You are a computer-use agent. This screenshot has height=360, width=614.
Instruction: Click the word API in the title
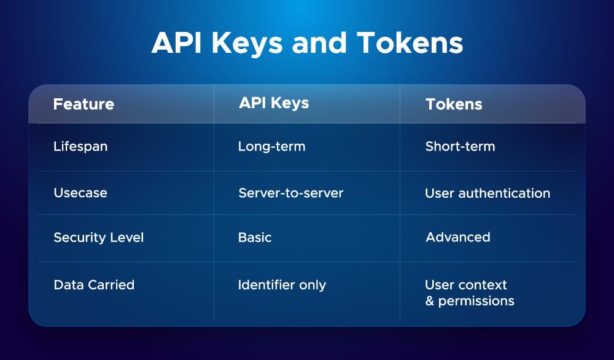(176, 44)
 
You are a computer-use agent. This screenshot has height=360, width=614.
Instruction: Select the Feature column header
(84, 104)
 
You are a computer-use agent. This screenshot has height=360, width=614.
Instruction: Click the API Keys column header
(274, 103)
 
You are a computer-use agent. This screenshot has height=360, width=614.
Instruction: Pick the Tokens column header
(454, 104)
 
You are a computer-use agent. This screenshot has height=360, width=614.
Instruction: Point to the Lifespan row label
(80, 147)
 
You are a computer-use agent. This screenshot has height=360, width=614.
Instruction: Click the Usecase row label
(80, 193)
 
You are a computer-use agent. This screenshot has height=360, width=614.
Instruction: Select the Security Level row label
(98, 237)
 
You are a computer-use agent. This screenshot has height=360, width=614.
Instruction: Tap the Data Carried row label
(94, 285)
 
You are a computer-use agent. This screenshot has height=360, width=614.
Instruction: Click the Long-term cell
(271, 147)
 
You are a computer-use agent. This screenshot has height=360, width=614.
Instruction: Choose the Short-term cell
(460, 147)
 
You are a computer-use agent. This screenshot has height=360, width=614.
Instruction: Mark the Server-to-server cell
(290, 193)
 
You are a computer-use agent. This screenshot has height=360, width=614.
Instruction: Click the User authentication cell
(488, 193)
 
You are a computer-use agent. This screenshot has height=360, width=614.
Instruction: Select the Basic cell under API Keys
(255, 237)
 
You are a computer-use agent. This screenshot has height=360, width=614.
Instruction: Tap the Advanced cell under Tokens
(458, 237)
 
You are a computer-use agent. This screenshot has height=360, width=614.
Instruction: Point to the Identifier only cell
(282, 285)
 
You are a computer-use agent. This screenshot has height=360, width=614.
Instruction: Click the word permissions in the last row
(476, 302)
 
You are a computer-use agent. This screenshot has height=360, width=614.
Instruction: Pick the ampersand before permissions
(429, 301)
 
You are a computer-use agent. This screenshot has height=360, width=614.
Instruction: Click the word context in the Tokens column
(483, 285)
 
